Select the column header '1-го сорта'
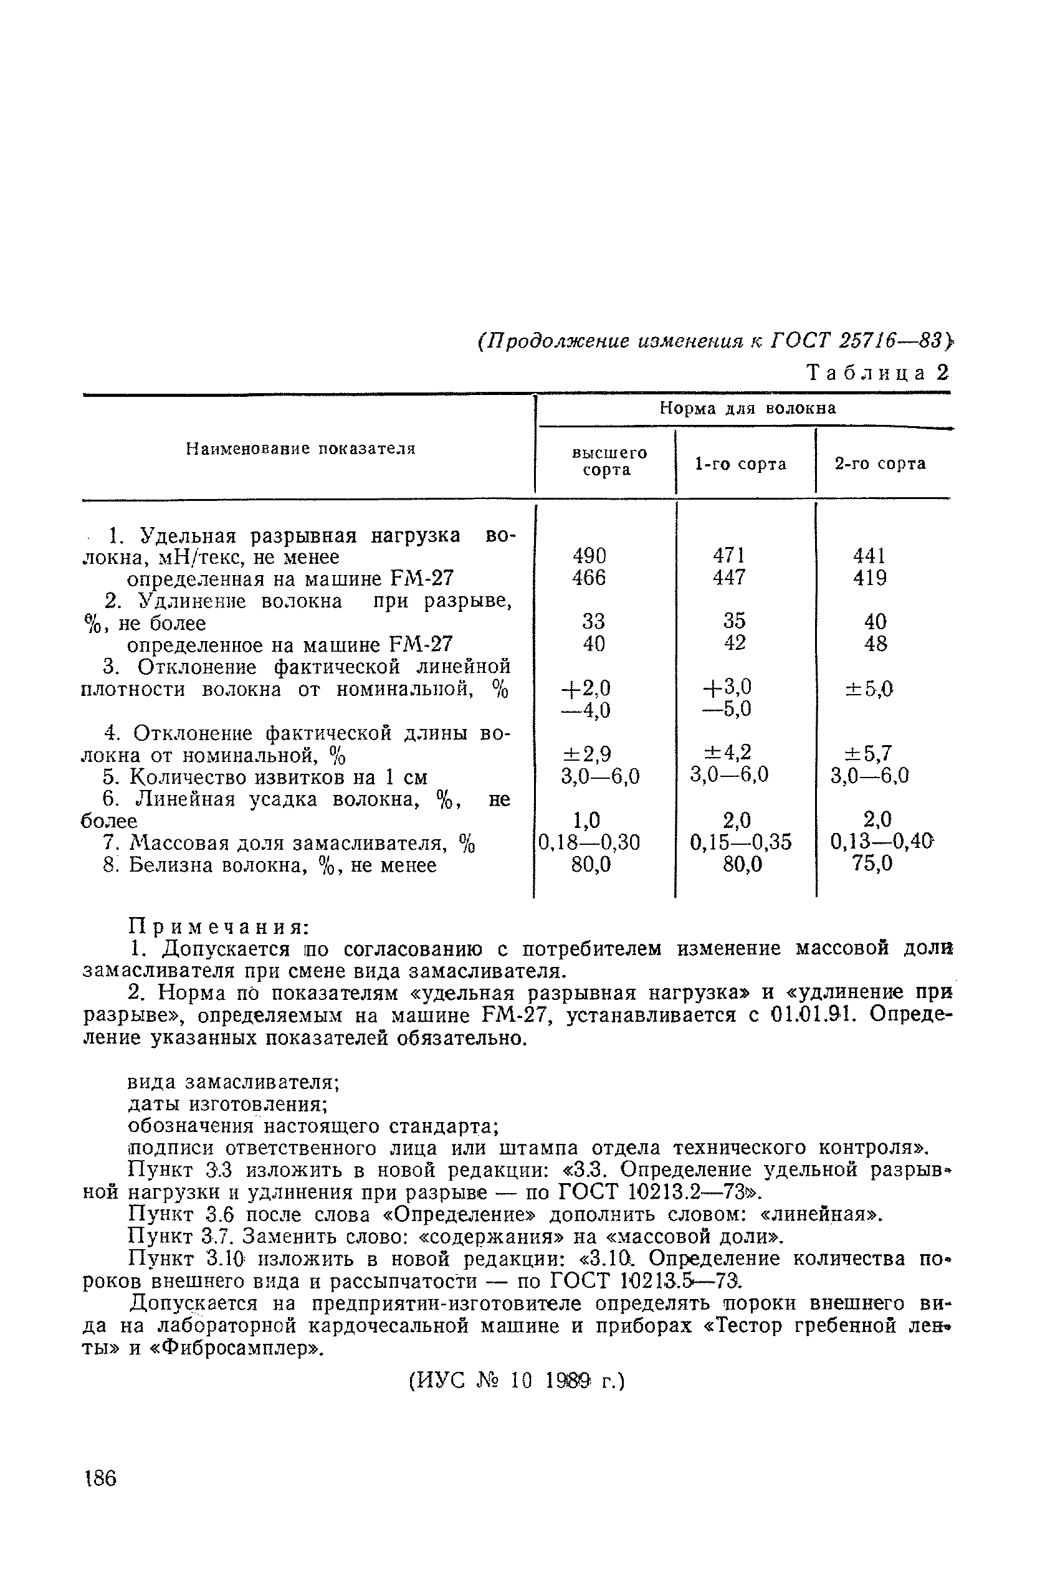(x=740, y=464)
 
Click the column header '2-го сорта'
(x=880, y=464)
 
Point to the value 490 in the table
(x=590, y=555)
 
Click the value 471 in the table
(x=728, y=555)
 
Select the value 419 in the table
(x=870, y=577)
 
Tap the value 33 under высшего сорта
(x=593, y=621)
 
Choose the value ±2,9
(x=587, y=753)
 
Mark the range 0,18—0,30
(x=589, y=843)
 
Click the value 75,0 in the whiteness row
(x=872, y=864)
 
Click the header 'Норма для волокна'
(x=747, y=407)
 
